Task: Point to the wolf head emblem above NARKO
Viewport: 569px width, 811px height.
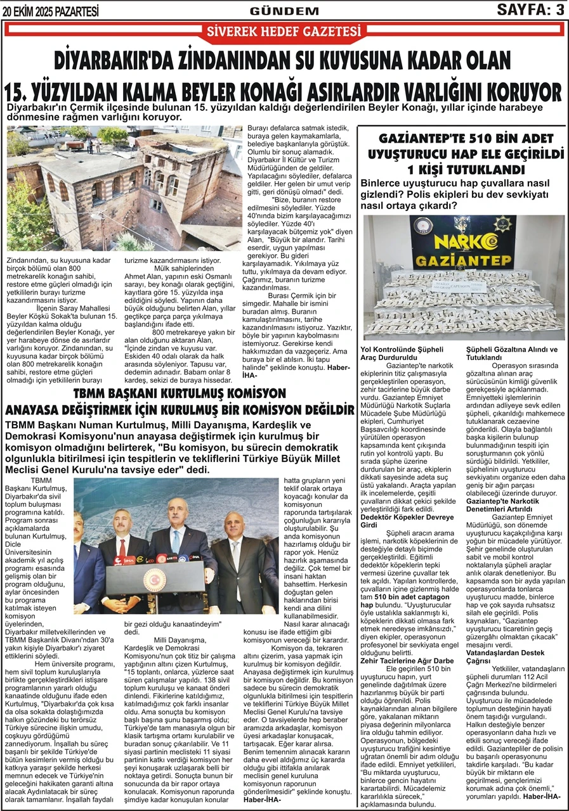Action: (x=462, y=225)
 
